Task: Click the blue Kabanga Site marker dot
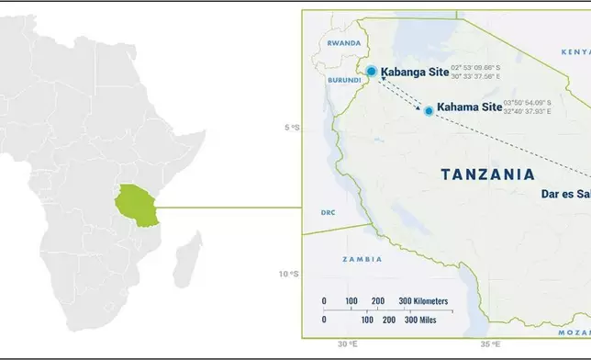point(371,71)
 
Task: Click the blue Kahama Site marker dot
point(429,110)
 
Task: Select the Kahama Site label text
point(469,107)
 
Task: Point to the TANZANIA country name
point(486,174)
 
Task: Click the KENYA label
point(574,53)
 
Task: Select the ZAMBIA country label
point(362,260)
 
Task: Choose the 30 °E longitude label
point(346,343)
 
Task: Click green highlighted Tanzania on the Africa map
point(136,203)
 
